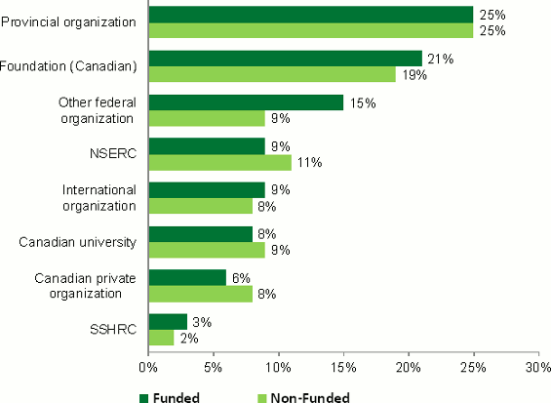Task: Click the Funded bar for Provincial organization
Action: [x=310, y=14]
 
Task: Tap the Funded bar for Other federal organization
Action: [x=246, y=102]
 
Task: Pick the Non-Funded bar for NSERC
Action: [x=219, y=162]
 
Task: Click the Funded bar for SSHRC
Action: [x=168, y=322]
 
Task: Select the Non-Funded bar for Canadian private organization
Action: [x=200, y=294]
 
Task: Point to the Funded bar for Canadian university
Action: [x=200, y=234]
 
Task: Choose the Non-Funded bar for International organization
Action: [x=200, y=206]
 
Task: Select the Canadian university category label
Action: [x=82, y=242]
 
